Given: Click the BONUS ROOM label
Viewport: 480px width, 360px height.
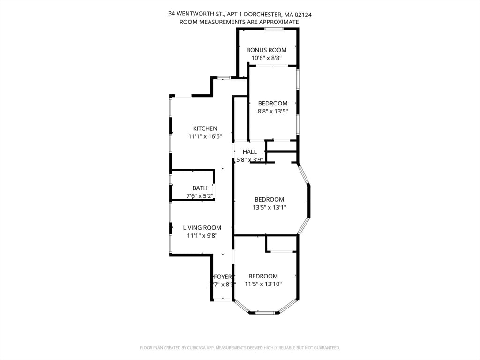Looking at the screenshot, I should (x=266, y=50).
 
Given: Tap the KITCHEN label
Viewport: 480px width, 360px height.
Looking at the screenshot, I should (x=205, y=128).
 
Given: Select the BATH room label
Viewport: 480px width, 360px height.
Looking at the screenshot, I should (x=200, y=188).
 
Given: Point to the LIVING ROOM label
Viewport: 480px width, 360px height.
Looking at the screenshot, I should (x=202, y=228).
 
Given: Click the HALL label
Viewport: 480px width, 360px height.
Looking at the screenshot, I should (x=250, y=152).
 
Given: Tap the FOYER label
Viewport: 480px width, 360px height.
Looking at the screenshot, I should (x=223, y=277).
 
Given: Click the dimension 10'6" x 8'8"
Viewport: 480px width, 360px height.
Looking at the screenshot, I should (x=266, y=58).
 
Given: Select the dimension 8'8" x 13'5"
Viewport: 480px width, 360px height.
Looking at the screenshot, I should (x=272, y=112).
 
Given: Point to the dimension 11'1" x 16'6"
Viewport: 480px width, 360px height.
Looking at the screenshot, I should (x=205, y=136).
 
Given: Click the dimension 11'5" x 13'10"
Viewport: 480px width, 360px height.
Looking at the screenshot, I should (x=263, y=284).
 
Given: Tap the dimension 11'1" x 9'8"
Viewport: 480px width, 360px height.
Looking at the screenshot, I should (x=202, y=236).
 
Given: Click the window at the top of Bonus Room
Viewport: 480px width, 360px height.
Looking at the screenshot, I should (x=274, y=29).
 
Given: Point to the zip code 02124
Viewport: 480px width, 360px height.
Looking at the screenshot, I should (x=303, y=15).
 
